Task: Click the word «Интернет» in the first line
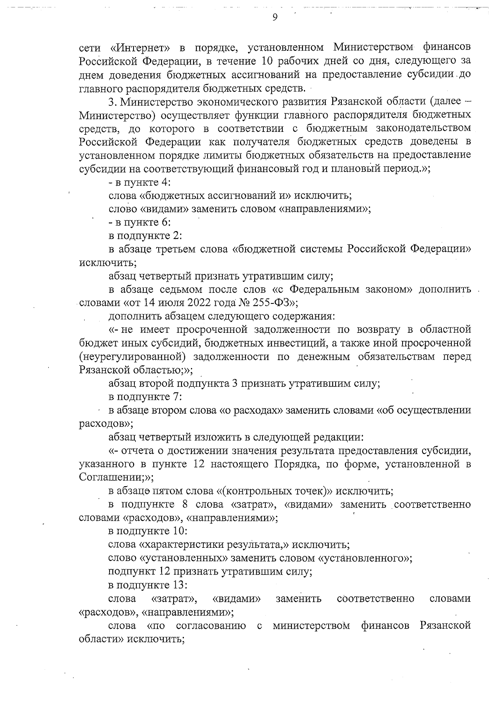coord(141,47)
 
